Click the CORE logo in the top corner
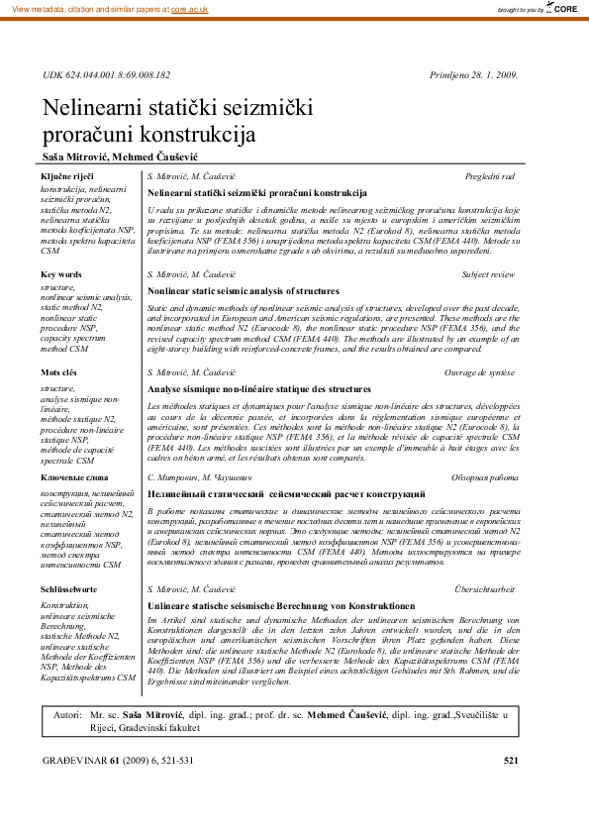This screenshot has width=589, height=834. coord(563,8)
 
